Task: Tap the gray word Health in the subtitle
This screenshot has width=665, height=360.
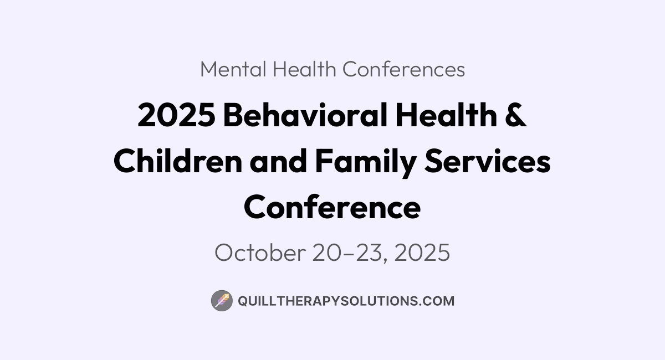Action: coord(304,69)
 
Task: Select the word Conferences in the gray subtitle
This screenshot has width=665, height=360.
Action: coord(404,69)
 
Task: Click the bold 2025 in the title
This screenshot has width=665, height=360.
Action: coord(177,115)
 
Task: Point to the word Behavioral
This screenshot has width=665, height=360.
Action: coord(305,115)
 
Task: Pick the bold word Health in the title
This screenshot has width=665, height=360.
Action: coord(446,115)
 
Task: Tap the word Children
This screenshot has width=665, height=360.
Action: coord(178,161)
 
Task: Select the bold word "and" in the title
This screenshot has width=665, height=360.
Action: coord(278,161)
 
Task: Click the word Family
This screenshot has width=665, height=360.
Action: coord(365,162)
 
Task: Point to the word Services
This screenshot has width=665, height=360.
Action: coord(488,161)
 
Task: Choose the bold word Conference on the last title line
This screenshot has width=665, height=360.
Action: coord(332,207)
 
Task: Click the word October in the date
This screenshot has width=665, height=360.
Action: coord(260,252)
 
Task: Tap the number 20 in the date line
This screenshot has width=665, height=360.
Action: coord(329,253)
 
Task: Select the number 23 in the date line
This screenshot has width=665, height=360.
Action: coord(369,253)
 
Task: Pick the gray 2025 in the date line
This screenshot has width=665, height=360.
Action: coord(422,253)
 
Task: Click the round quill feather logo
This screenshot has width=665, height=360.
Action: coord(222,301)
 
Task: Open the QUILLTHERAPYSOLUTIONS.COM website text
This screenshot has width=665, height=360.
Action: coord(346,301)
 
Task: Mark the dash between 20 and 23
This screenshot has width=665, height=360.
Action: coord(350,254)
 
